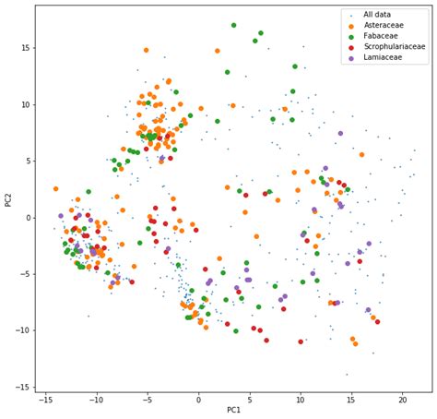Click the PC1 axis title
(233, 410)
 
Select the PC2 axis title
(8, 198)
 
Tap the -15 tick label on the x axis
(45, 399)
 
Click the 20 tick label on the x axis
(402, 399)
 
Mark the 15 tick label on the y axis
(25, 48)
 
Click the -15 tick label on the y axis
(22, 387)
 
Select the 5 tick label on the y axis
(28, 161)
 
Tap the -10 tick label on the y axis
(22, 330)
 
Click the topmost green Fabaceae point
(233, 25)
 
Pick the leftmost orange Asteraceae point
(55, 189)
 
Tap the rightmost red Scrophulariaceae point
(377, 322)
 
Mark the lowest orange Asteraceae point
(355, 343)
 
